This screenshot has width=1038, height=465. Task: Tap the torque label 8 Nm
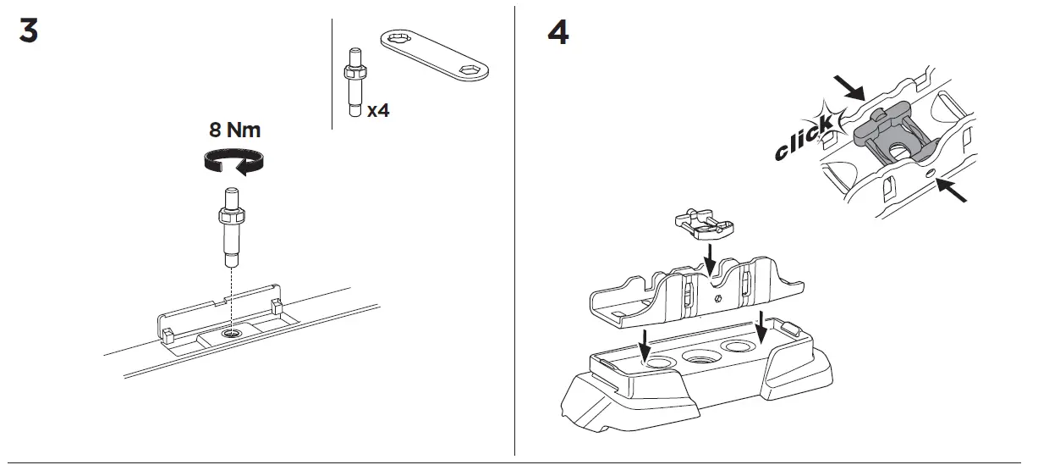point(235,130)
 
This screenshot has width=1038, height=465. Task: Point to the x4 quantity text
point(378,110)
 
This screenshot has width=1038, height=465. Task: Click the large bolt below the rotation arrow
point(231,224)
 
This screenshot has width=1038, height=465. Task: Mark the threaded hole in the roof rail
point(230,335)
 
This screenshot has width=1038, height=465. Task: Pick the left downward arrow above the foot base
point(645,343)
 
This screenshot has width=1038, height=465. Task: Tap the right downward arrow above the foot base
point(763,326)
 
